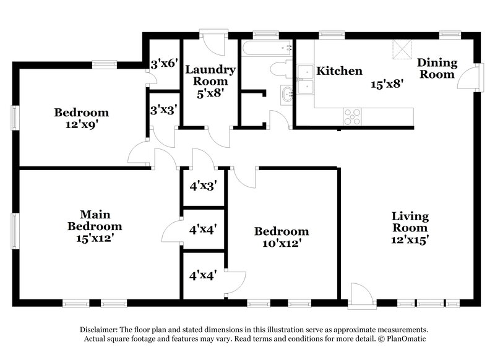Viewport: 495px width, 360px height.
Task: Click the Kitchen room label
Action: [x=339, y=71]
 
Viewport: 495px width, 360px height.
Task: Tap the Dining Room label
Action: [x=437, y=68]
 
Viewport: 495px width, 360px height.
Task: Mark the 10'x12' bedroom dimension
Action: [x=282, y=243]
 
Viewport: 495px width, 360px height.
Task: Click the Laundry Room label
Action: [x=207, y=75]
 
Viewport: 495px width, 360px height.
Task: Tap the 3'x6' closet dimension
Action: [x=165, y=63]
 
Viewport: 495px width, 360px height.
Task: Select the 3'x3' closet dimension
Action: [x=165, y=109]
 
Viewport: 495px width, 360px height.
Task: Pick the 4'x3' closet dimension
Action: [x=202, y=185]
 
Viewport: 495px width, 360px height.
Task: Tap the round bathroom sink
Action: [x=286, y=95]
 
